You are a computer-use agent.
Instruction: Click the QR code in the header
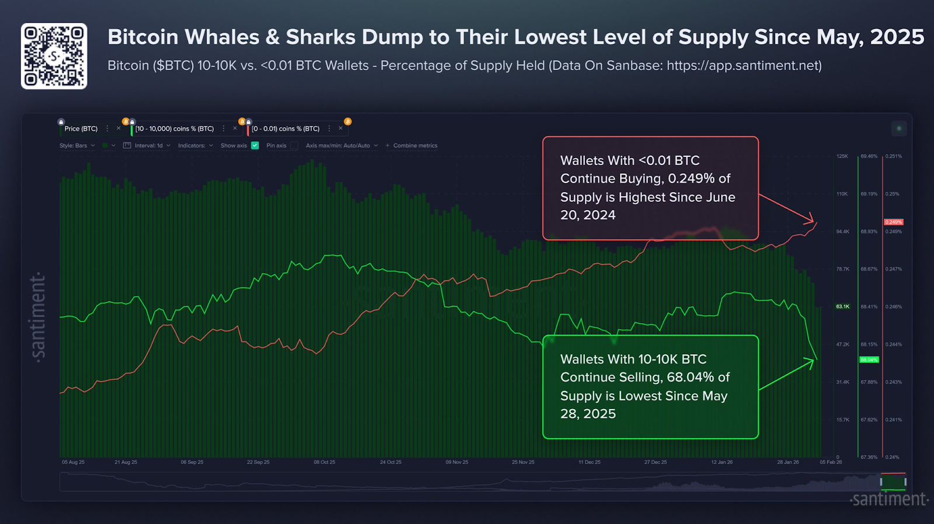point(54,56)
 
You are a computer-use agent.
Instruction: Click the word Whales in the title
point(224,37)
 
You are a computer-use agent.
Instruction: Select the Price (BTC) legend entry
point(81,128)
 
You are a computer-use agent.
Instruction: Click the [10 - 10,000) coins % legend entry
point(175,128)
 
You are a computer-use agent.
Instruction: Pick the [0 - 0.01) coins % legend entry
point(285,128)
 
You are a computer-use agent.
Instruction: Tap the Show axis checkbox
point(255,145)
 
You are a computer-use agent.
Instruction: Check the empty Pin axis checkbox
point(294,145)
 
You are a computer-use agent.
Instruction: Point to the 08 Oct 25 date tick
point(325,462)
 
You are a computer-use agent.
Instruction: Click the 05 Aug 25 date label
point(73,462)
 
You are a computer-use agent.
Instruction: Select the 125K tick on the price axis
point(842,156)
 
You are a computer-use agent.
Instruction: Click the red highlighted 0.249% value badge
point(893,222)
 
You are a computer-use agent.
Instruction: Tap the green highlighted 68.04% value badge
point(869,360)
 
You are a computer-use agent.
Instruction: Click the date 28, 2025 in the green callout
point(588,414)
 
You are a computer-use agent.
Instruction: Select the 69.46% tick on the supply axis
point(869,156)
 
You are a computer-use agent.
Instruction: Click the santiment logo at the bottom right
point(889,499)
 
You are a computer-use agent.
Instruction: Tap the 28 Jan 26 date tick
point(787,462)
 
